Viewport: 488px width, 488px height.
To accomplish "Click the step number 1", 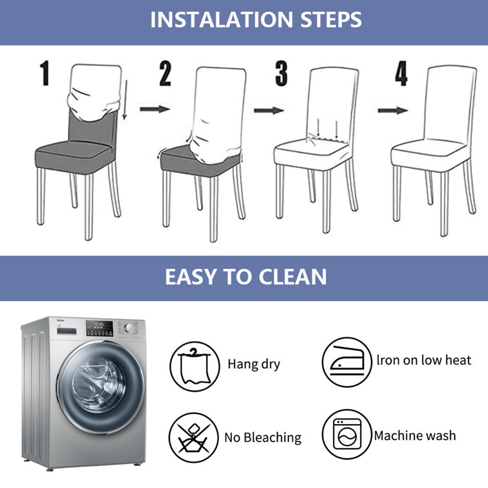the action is [45, 73].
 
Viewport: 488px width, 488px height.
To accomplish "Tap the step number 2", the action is [165, 74].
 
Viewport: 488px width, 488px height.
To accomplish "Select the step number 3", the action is [281, 74].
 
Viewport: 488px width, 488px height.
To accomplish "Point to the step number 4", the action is [401, 74].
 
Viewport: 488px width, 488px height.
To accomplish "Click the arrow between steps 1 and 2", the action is [155, 109].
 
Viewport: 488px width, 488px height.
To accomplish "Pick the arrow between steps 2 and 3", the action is [269, 111].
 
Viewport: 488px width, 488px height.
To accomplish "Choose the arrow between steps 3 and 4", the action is [393, 111].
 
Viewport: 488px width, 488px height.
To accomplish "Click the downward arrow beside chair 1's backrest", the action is [125, 100].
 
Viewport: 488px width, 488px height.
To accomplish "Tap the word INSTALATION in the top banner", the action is [221, 19].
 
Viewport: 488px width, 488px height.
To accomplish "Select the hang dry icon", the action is [195, 366].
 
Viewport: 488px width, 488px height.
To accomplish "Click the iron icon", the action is [347, 362].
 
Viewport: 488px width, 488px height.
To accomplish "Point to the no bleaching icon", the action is [193, 438].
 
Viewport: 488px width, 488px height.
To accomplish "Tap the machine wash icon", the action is [347, 434].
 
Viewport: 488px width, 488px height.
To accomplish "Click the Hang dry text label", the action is [253, 364].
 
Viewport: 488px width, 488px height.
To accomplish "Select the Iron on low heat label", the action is [424, 360].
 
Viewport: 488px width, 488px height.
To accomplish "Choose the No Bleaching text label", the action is [263, 438].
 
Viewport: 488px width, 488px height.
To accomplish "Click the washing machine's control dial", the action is [129, 328].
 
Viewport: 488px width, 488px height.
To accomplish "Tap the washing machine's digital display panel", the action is [100, 328].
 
